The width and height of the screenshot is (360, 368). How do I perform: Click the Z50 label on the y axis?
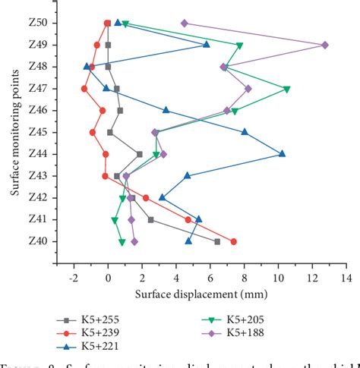point(36,24)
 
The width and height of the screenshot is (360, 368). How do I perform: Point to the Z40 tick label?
point(36,242)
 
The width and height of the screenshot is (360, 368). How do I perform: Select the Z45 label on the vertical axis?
point(36,133)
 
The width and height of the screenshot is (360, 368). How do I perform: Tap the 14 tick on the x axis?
point(346,277)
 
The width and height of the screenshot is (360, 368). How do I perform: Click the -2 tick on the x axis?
point(74,277)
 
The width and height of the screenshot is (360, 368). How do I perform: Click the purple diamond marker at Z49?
point(325,46)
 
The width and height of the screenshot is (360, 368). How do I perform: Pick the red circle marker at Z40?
point(233,241)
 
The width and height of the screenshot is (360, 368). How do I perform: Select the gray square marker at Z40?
point(217,241)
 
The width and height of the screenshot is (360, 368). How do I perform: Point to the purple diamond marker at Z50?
point(185,24)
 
